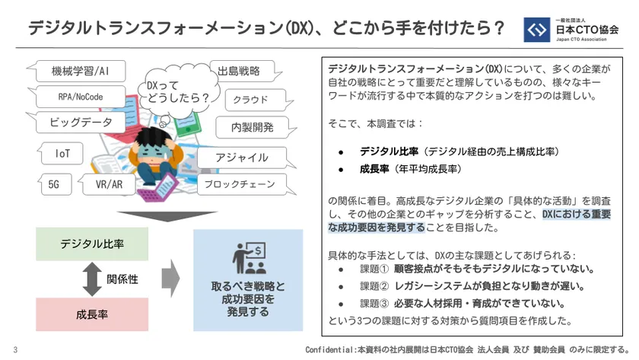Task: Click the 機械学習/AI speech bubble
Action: click(81, 71)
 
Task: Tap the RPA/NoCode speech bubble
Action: click(81, 97)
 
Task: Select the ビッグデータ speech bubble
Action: click(81, 122)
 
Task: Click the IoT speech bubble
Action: click(62, 153)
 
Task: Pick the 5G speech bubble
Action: click(56, 184)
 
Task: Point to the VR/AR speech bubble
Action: click(106, 184)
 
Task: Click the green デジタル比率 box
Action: click(92, 244)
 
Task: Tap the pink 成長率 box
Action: click(92, 314)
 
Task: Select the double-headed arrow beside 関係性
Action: click(92, 279)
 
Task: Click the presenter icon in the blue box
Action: click(250, 258)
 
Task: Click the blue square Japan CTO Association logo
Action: click(537, 30)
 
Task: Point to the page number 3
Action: click(15, 349)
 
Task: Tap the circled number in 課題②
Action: click(384, 286)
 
